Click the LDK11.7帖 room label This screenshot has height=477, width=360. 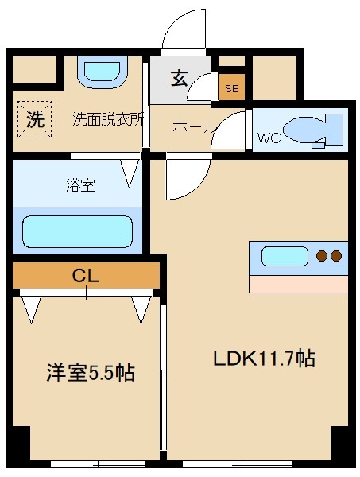(264, 359)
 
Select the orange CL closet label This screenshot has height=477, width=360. (86, 276)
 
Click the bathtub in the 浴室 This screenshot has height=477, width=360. (76, 231)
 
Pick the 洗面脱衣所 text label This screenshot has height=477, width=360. (108, 120)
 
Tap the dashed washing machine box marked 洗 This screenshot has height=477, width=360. (34, 119)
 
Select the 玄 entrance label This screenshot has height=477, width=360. (179, 79)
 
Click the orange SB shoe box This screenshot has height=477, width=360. (231, 88)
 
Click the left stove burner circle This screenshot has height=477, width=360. (323, 256)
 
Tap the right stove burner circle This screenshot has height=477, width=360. (337, 256)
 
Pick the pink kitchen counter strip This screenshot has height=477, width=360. (298, 284)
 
